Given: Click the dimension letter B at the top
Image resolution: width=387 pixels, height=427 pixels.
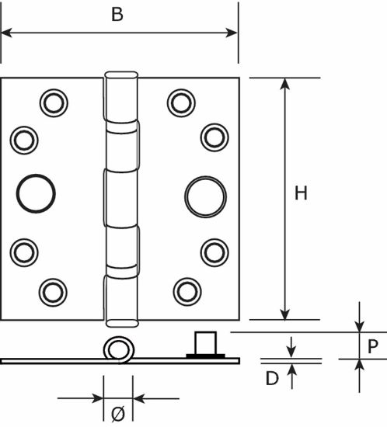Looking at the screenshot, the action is click(117, 15).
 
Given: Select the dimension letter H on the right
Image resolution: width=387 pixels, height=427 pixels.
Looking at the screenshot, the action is click(301, 193).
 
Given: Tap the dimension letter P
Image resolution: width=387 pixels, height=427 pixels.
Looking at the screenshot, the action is click(372, 346).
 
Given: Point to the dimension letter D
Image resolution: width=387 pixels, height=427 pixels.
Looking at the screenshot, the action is click(272, 378).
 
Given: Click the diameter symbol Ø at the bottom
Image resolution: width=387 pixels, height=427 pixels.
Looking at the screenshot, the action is click(118, 414).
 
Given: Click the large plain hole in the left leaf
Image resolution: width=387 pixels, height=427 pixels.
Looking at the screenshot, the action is click(36, 193).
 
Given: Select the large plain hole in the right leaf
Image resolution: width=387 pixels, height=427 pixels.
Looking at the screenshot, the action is click(205, 196).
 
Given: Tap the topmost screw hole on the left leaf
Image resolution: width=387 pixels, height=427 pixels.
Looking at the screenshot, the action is click(54, 103).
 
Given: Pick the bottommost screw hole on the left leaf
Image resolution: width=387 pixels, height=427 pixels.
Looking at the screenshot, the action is click(53, 293).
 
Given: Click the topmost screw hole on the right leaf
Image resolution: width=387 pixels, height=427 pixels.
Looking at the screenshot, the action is click(181, 103).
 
